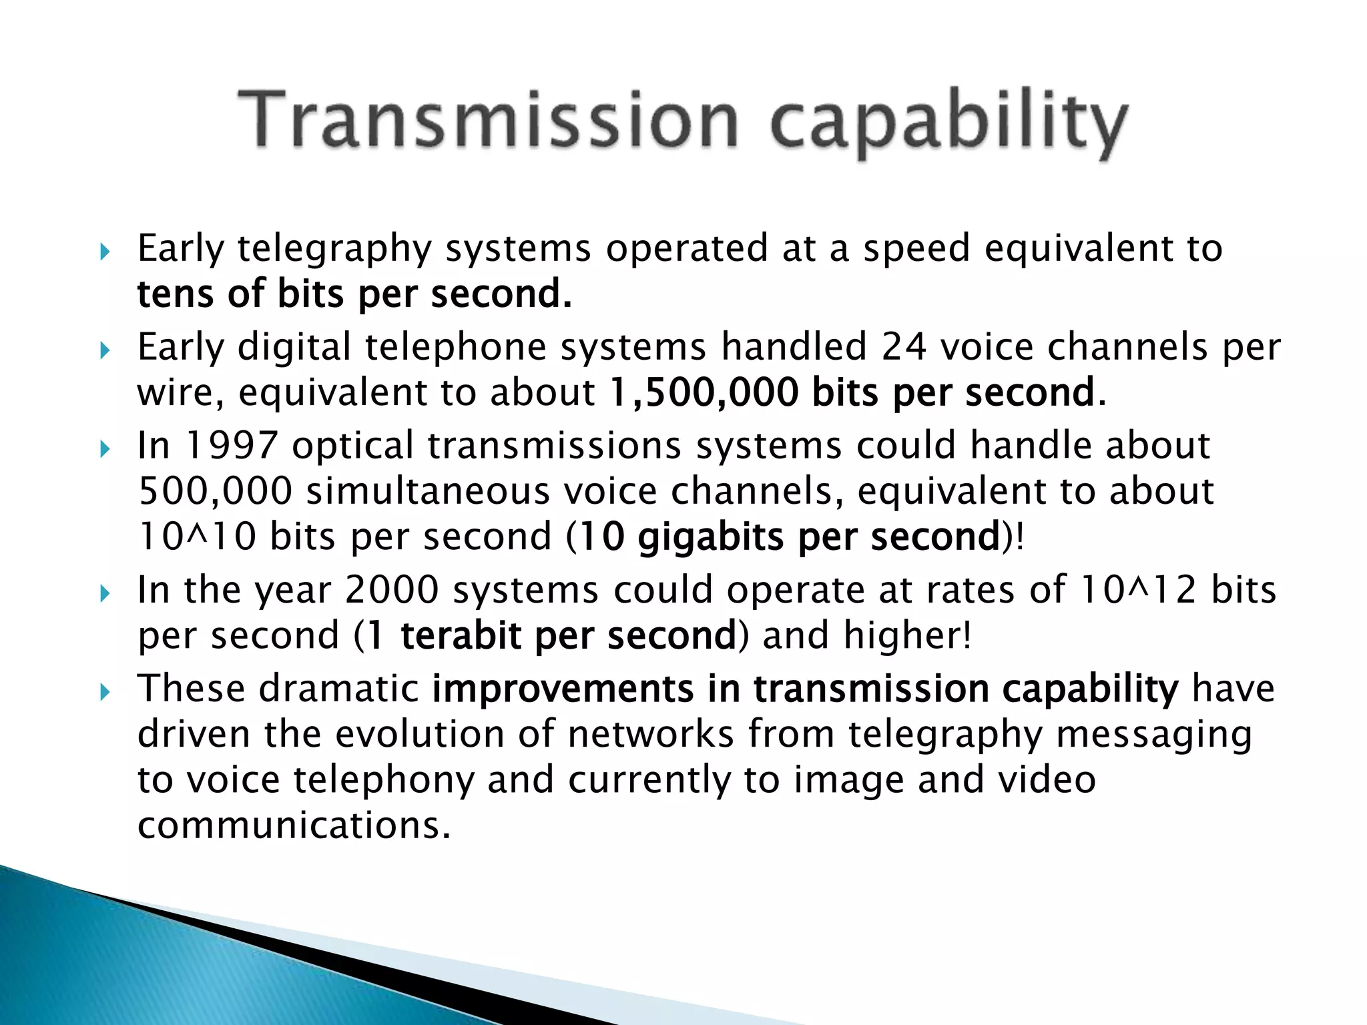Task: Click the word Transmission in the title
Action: [x=487, y=120]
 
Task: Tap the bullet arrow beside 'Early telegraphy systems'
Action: [x=104, y=252]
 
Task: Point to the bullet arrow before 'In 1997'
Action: [x=104, y=449]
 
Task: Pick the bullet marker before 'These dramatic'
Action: [x=104, y=692]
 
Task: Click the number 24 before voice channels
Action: [x=904, y=347]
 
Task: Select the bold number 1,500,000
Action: [x=704, y=392]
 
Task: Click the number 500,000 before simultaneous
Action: [x=215, y=491]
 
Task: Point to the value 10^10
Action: [x=197, y=537]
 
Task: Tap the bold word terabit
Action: [x=461, y=635]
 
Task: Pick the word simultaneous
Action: [x=428, y=491]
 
